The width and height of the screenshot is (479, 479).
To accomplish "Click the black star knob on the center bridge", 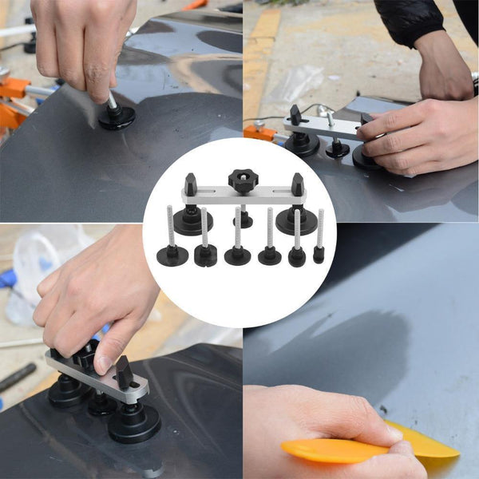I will click(240, 180).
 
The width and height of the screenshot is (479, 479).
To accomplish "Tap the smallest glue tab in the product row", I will click(319, 254).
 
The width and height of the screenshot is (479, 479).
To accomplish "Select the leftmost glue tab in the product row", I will click(172, 255).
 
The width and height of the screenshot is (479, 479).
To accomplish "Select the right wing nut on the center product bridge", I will click(297, 184).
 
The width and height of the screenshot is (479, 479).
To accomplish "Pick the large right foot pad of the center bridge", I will click(296, 220).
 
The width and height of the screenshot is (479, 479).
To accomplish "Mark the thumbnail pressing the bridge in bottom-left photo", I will click(103, 364).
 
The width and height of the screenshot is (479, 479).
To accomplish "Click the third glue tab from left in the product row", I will click(237, 255).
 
